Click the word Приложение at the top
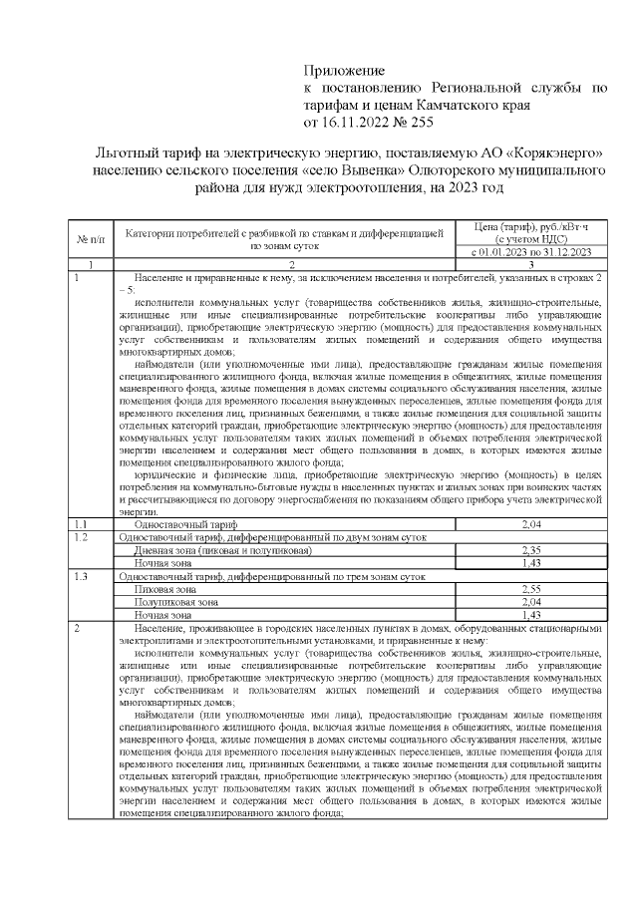click(x=343, y=72)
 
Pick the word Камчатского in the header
click(x=443, y=105)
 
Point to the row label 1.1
click(x=81, y=523)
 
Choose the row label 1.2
click(x=81, y=536)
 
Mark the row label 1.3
click(x=81, y=576)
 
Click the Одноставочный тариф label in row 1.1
click(x=171, y=523)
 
